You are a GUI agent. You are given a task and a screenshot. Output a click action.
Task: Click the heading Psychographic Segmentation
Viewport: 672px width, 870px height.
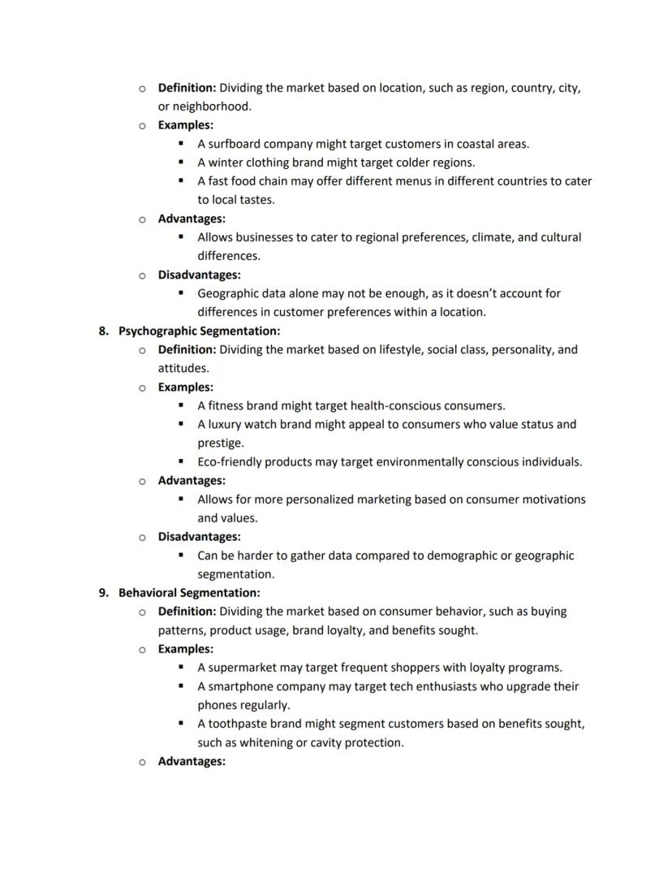[x=199, y=331]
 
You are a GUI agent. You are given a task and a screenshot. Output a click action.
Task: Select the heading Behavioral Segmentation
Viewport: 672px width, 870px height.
[x=189, y=593]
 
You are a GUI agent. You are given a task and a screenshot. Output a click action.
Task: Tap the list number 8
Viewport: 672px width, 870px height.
[x=103, y=331]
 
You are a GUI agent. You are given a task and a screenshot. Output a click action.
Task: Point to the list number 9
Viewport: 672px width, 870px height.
[x=103, y=593]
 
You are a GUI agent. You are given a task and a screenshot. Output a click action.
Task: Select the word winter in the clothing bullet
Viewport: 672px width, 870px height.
[x=226, y=162]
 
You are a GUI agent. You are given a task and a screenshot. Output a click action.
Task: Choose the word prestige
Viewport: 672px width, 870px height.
[x=220, y=444]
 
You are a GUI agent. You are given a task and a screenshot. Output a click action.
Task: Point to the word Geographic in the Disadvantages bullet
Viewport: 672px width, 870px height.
[x=230, y=293]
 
